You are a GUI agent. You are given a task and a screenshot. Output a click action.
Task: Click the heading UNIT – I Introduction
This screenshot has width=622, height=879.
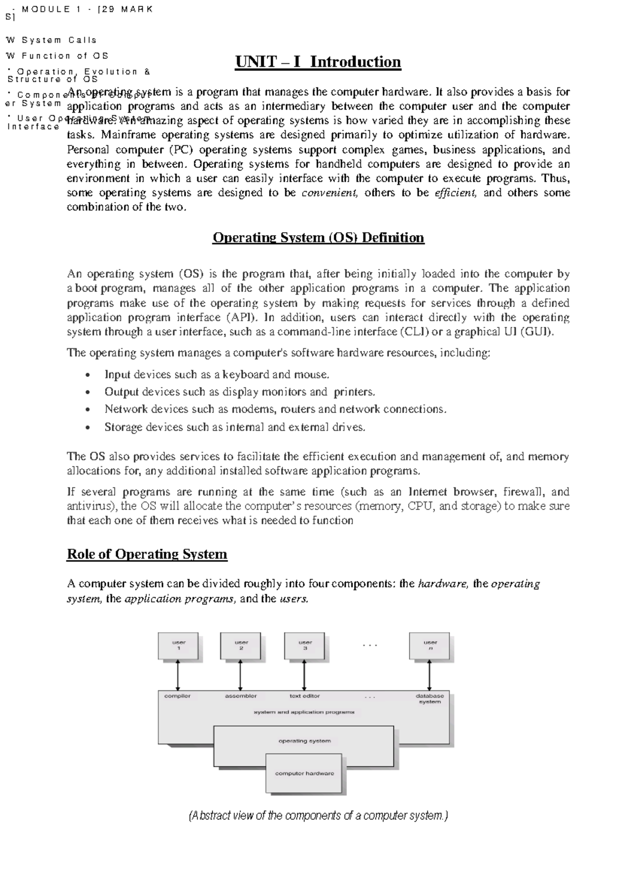[x=318, y=62]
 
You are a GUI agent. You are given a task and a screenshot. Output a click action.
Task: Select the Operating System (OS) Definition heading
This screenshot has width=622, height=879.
[x=318, y=238]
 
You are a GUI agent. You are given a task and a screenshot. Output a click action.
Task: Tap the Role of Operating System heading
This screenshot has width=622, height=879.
[x=147, y=555]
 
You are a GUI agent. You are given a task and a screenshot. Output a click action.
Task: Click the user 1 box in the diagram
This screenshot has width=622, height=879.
[x=178, y=645]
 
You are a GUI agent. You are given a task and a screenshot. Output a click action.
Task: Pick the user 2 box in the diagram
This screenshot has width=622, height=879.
[x=241, y=645]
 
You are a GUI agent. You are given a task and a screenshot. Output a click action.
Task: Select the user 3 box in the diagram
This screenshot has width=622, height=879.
[x=305, y=645]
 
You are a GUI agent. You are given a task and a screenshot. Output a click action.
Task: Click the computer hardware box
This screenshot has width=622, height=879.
[x=304, y=773]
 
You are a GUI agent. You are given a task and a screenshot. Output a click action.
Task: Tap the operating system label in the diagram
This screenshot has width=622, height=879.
[x=304, y=741]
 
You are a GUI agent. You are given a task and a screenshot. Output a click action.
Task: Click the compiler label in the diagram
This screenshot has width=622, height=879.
[x=177, y=696]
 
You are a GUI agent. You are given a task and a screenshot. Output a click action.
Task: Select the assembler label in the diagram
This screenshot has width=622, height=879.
[x=241, y=696]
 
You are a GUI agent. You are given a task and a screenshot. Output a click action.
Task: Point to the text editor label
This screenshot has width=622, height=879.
[x=304, y=696]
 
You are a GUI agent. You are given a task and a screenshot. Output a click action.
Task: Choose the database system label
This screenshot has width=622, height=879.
[x=430, y=699]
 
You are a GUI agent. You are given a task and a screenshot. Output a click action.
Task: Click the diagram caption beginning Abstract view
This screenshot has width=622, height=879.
[x=318, y=816]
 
